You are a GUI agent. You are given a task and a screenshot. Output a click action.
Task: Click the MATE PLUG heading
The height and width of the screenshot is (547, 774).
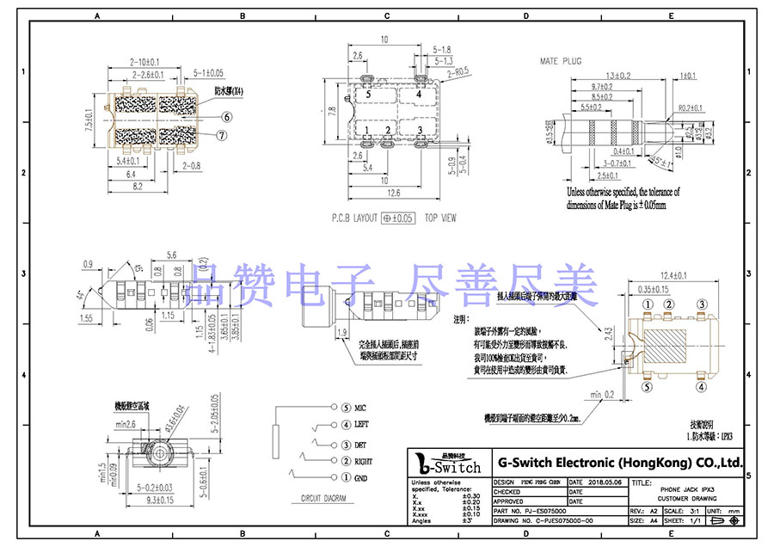tap(560, 62)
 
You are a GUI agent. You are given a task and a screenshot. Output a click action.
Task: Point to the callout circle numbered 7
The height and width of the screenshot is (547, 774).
tap(222, 135)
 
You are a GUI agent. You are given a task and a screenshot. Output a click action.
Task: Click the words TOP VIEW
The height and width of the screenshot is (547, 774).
tap(440, 218)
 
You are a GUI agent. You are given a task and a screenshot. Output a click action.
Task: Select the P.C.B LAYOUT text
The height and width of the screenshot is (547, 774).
tap(353, 218)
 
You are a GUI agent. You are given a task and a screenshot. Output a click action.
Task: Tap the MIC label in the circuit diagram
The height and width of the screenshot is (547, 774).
tap(360, 407)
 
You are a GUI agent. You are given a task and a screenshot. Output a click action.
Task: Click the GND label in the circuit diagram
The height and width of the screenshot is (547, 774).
tap(360, 477)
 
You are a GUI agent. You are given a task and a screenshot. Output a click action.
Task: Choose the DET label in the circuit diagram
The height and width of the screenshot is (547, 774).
tap(359, 445)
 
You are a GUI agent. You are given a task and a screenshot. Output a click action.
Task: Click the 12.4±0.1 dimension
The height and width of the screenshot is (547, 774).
tap(672, 276)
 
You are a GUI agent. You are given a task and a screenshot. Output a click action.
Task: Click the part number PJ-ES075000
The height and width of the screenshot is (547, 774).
tap(550, 510)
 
